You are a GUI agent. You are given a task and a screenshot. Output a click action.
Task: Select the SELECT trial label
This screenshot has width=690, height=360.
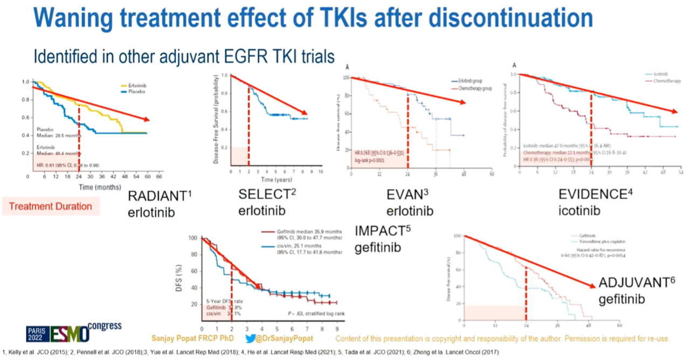266,194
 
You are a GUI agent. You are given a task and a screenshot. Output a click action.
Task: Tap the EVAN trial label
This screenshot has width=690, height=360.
406,194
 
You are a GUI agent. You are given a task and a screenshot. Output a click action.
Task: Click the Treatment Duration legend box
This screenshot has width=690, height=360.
51,206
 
